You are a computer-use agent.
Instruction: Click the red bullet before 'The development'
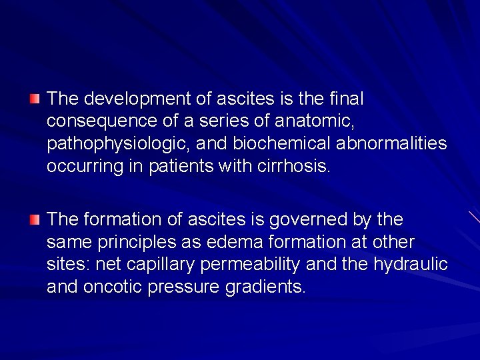pos(35,99)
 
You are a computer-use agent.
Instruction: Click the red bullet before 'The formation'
pos(35,219)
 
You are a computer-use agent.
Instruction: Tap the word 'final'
pos(347,99)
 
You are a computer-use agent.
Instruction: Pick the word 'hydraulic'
pos(411,264)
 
